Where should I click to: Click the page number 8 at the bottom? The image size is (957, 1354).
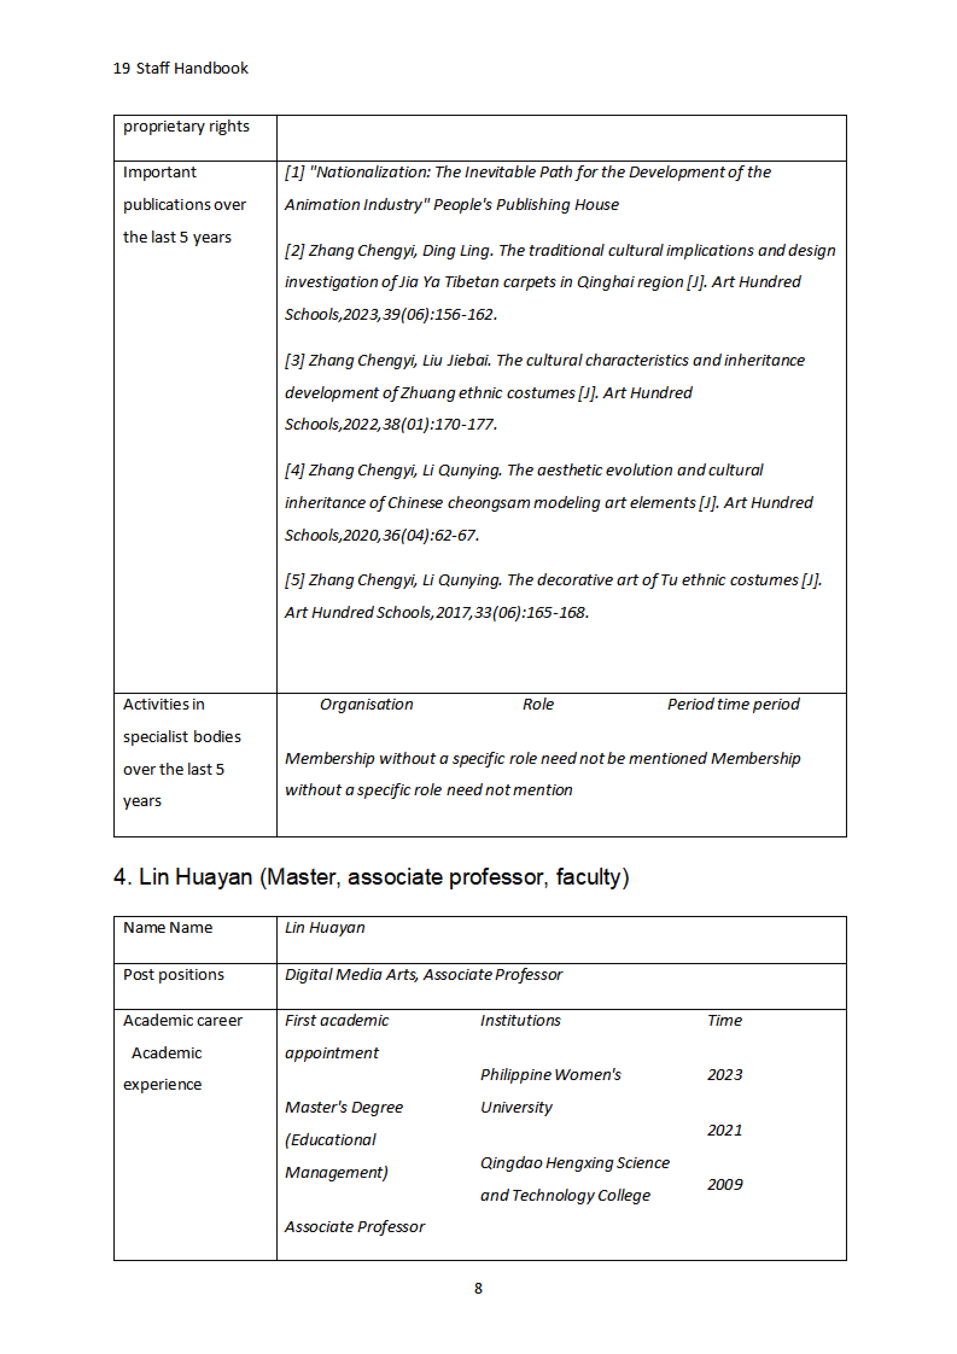(478, 1289)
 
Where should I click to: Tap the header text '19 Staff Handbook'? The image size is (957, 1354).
(180, 68)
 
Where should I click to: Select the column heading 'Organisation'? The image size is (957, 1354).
(366, 705)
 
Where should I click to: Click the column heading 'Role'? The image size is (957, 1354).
(538, 705)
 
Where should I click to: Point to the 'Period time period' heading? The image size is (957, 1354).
(733, 705)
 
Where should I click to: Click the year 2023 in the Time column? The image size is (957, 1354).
(725, 1075)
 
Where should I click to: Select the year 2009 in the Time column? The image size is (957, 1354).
(725, 1185)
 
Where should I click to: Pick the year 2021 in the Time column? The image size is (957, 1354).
(725, 1130)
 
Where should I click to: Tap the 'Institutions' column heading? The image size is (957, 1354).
(520, 1021)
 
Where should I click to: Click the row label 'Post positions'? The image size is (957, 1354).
(173, 975)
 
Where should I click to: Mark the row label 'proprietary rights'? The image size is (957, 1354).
(186, 127)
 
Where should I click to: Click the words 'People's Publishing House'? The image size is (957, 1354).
(526, 205)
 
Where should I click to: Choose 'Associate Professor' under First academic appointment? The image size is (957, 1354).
(355, 1227)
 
